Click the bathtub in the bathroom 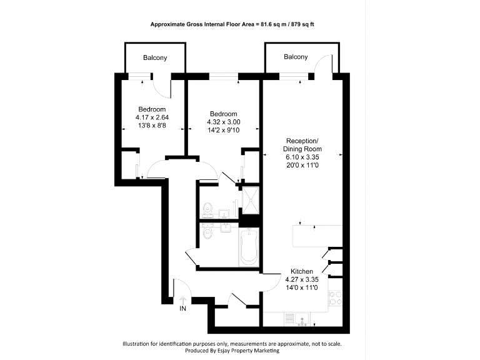pyautogui.click(x=249, y=246)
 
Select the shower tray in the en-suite pyautogui.click(x=250, y=198)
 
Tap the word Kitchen pyautogui.click(x=302, y=271)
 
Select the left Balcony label pyautogui.click(x=155, y=58)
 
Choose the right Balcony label pyautogui.click(x=296, y=57)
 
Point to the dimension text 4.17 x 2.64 pyautogui.click(x=152, y=117)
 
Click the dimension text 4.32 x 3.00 pyautogui.click(x=224, y=122)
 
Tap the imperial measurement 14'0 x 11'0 pyautogui.click(x=302, y=287)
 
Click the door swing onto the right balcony pyautogui.click(x=325, y=63)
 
